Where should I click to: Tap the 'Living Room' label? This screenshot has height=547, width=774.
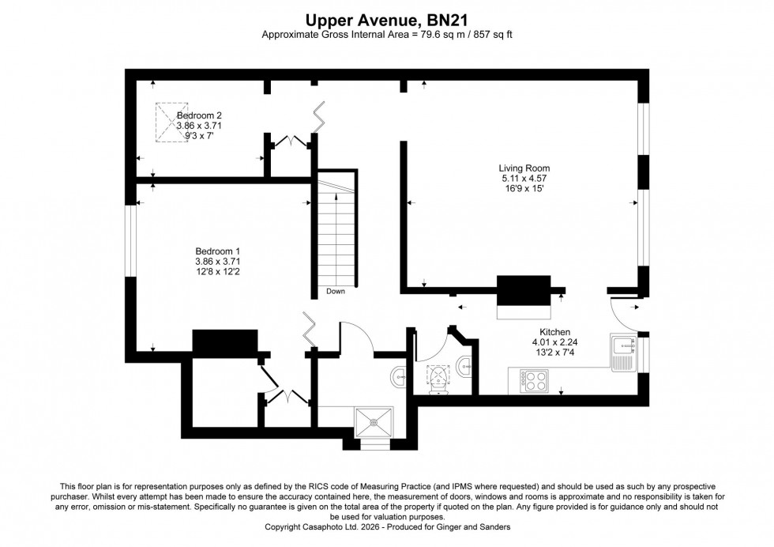(524, 168)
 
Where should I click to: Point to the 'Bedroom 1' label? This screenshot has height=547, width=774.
(217, 251)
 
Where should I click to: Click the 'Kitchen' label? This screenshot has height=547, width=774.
(554, 332)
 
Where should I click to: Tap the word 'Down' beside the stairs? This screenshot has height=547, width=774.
(335, 292)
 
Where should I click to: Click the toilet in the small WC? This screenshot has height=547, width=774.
(437, 378)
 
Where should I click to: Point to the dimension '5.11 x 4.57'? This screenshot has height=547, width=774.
(524, 179)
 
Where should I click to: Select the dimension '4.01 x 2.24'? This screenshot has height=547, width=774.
(554, 342)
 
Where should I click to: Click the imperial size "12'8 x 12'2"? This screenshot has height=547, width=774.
(217, 271)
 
